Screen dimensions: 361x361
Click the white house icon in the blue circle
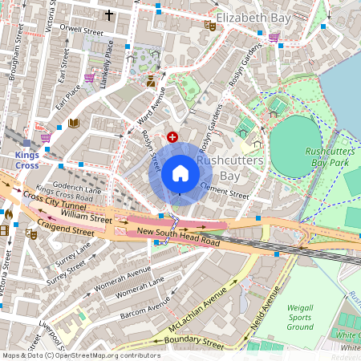(x=180, y=173)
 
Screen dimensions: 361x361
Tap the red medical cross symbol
(x=172, y=138)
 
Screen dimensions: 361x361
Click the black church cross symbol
(x=110, y=14)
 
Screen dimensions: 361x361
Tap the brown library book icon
(x=74, y=123)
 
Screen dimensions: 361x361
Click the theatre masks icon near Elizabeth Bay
(x=211, y=26)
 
